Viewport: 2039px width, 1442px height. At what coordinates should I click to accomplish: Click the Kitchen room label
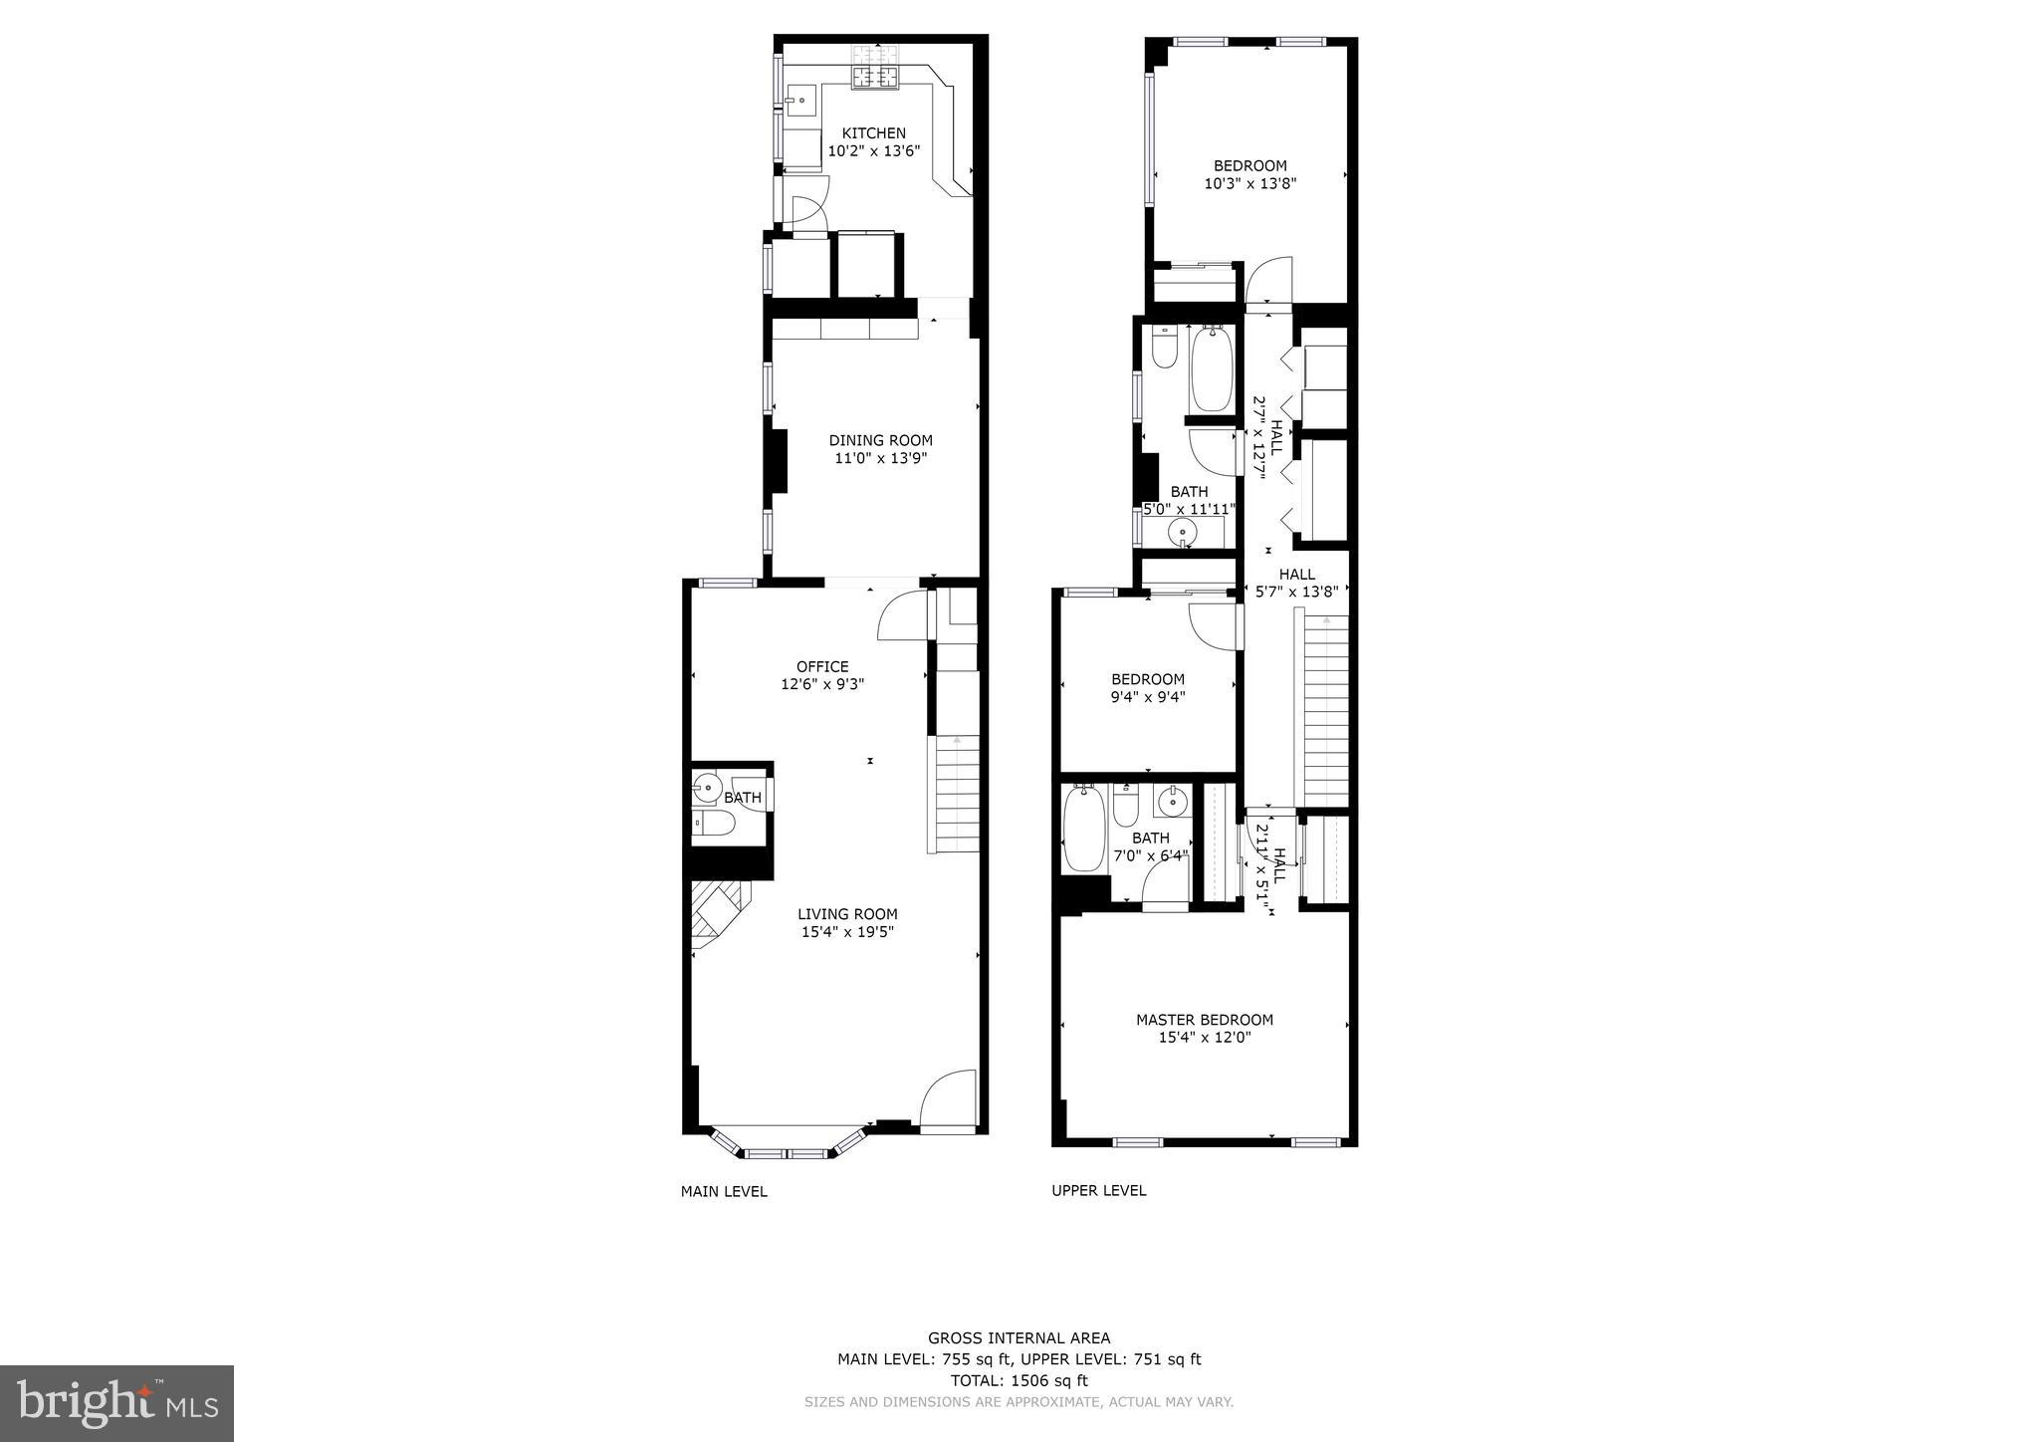873,133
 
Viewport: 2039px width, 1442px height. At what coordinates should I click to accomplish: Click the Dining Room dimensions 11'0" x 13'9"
880,458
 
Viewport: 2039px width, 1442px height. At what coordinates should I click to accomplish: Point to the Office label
822,667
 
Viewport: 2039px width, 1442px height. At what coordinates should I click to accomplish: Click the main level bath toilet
713,823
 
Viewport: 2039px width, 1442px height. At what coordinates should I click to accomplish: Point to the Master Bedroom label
1205,1020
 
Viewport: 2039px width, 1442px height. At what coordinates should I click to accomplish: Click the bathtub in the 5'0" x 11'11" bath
1212,369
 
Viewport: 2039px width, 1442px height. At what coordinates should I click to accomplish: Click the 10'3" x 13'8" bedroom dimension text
1249,183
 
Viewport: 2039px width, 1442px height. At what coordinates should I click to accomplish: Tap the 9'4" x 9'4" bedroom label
1148,679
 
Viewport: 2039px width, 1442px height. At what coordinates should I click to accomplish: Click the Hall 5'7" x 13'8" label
1296,583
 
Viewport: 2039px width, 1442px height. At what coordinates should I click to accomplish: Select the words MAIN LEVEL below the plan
724,1191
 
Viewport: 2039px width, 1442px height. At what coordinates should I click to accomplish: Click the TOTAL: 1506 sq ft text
1019,1380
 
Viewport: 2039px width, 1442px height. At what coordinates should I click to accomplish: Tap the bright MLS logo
116,1403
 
